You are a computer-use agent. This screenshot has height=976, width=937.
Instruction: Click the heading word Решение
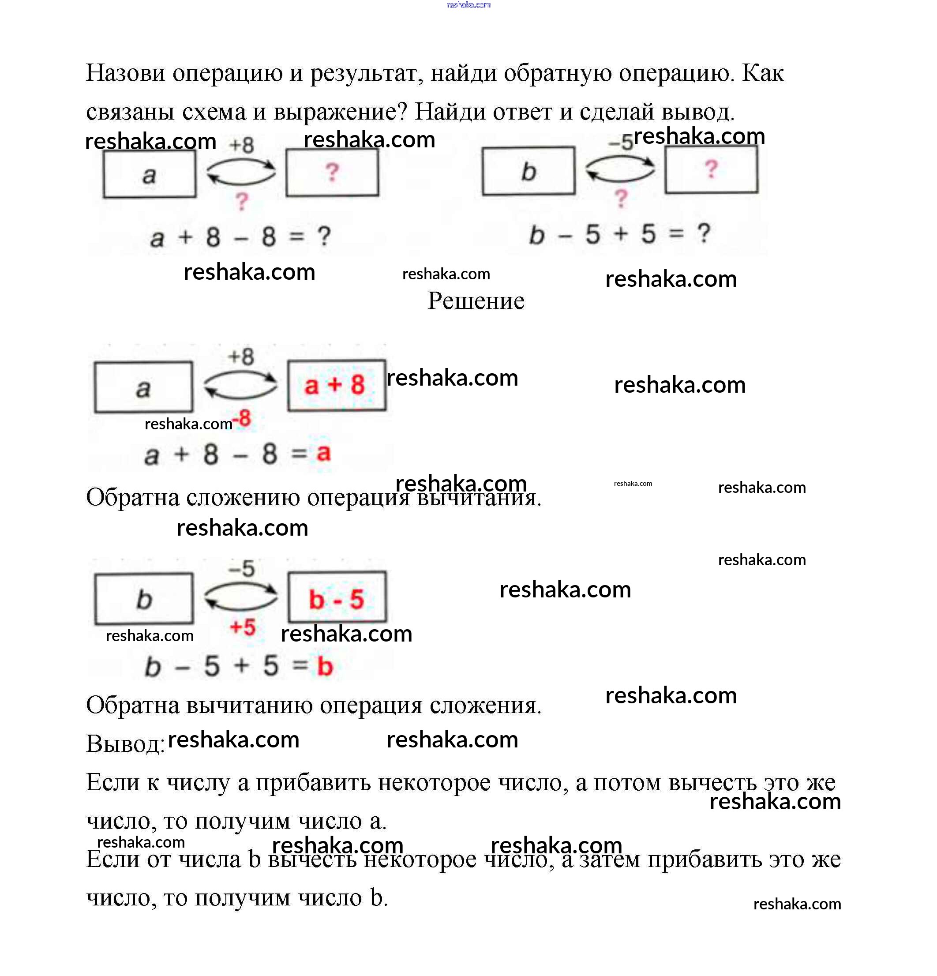tap(476, 301)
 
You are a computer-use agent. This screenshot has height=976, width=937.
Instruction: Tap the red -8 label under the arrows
tap(243, 418)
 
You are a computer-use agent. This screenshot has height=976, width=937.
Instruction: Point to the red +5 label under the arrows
tap(243, 627)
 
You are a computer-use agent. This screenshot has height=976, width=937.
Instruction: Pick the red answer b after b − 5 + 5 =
tap(325, 666)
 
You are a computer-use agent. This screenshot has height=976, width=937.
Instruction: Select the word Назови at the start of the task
tap(125, 73)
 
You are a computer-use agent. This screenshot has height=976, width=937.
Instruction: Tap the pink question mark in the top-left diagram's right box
tap(332, 172)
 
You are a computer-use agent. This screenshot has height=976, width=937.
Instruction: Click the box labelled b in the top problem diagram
tap(528, 171)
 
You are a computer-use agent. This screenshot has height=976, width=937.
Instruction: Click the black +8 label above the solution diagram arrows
tap(241, 357)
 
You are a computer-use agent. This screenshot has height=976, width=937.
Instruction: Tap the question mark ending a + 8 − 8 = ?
tap(324, 236)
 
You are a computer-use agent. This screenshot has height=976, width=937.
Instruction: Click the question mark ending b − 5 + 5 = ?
tap(704, 233)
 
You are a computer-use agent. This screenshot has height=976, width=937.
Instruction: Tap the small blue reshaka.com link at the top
tap(468, 5)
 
